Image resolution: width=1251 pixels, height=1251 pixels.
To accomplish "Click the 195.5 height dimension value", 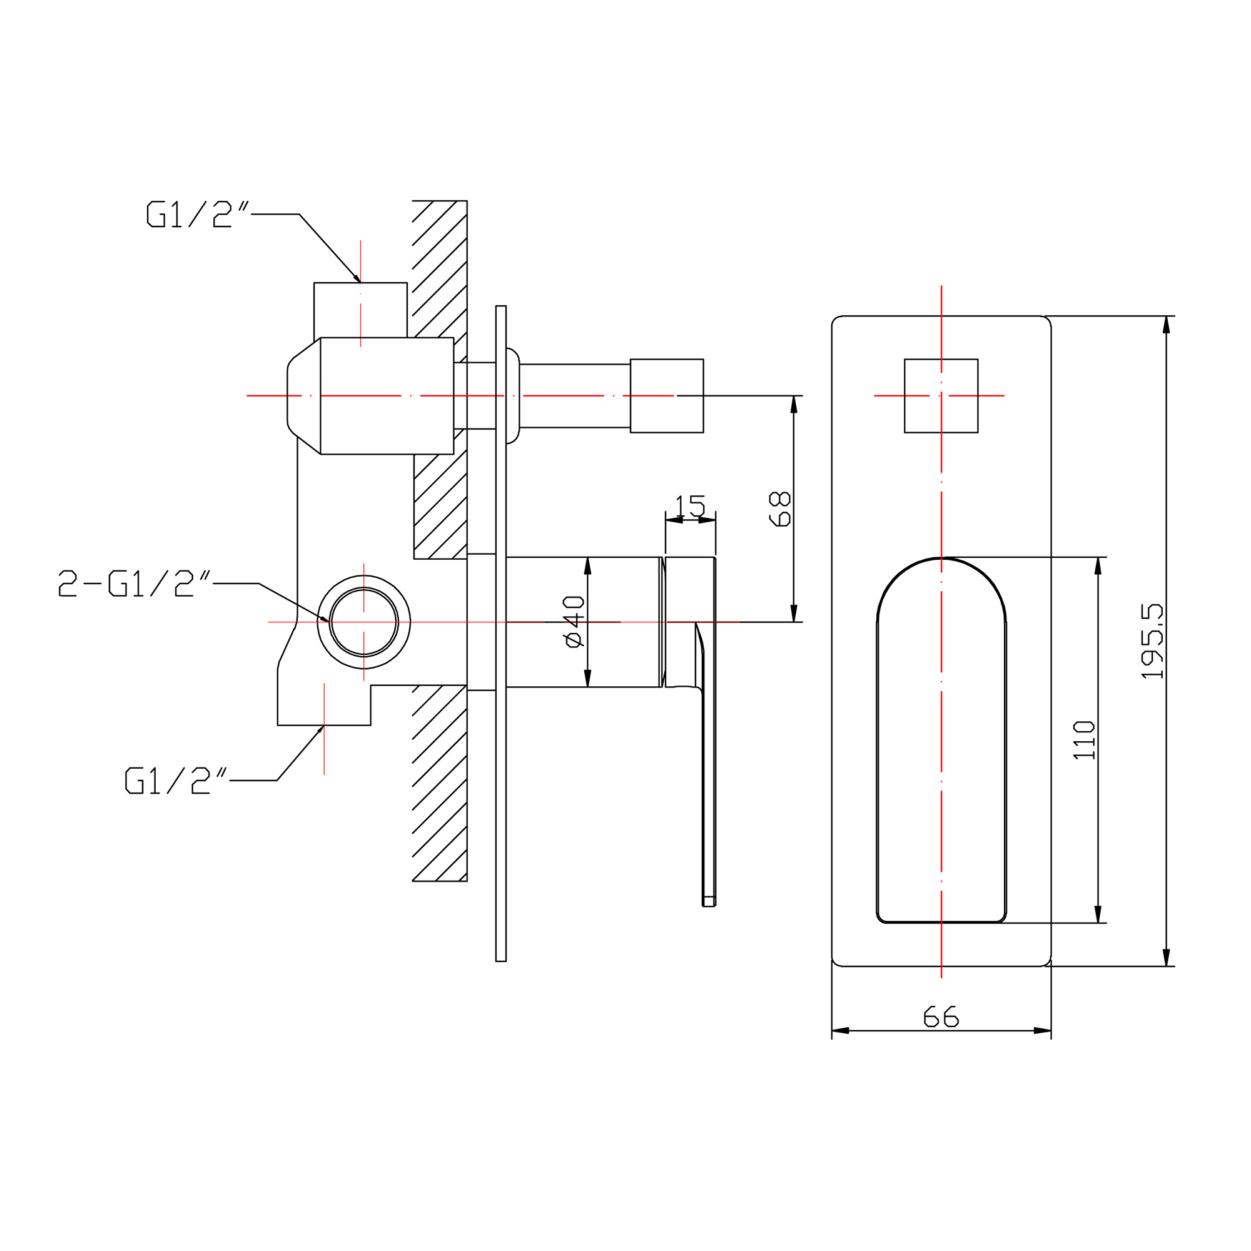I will coord(1152,641).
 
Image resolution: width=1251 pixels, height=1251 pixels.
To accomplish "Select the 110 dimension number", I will coord(1084,740).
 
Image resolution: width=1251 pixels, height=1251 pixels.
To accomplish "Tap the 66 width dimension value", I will coord(941,1016).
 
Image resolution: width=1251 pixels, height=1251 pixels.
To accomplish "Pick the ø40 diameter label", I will coord(574,622).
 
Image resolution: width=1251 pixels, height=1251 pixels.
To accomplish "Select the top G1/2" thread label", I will coord(198,215).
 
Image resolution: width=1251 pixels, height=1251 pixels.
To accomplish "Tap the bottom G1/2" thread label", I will coord(176,780).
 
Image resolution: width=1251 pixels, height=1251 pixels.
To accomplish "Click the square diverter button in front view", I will coord(941,396).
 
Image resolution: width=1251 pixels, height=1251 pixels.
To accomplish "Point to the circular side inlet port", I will coord(364,622).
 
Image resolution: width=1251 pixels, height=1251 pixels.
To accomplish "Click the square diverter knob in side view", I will coord(667,396).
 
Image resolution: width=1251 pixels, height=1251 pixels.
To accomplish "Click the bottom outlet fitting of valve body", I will coord(324,705).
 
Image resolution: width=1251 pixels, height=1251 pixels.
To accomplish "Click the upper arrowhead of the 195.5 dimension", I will coord(1166,325).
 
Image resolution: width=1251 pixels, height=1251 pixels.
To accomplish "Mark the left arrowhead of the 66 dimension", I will coord(841,1030).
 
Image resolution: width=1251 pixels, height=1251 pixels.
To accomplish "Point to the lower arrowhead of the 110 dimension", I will coord(1098,914).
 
